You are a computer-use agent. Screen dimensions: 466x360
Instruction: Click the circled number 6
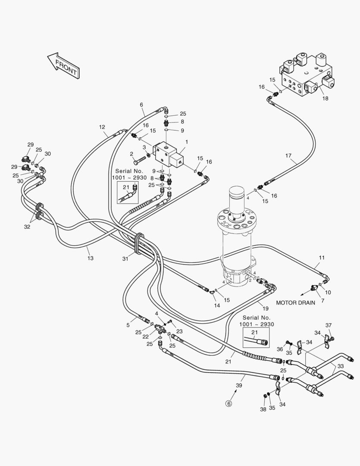point(229,403)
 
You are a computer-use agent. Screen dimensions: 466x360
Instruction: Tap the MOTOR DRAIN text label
point(295,303)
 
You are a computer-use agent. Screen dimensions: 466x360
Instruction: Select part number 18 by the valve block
point(325,98)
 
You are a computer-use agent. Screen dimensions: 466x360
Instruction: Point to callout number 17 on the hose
point(288,155)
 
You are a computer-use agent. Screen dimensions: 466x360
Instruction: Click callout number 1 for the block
point(186,142)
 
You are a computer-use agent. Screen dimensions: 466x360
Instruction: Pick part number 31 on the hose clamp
point(125,258)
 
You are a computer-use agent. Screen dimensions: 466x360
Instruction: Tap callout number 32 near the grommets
point(27,226)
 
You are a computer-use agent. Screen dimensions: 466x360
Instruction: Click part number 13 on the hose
point(90,258)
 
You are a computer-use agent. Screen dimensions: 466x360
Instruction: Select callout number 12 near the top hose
point(102,127)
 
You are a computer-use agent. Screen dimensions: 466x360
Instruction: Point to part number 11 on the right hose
point(322,258)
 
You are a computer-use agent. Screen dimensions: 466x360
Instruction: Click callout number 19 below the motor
point(266,309)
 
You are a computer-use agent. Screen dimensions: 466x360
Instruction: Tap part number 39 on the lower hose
point(238,385)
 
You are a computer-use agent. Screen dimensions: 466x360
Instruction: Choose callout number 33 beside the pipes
point(341,366)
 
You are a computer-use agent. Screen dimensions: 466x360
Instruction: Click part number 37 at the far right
point(329,325)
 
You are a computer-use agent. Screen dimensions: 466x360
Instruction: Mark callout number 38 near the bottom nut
point(263,409)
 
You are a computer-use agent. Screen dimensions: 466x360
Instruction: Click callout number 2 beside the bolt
point(131,154)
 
